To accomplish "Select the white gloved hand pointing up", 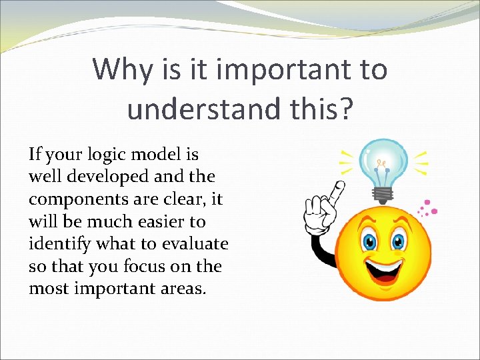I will (x=322, y=207).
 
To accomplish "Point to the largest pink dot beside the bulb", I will (x=435, y=211).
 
